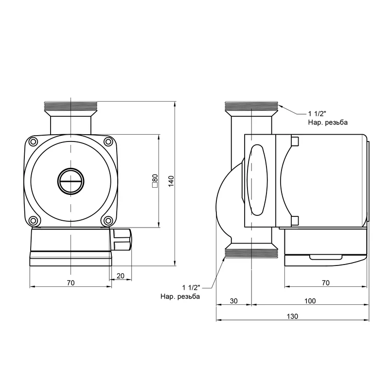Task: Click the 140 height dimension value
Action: pyautogui.click(x=171, y=181)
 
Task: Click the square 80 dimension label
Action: pyautogui.click(x=155, y=180)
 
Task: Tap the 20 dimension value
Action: pyautogui.click(x=120, y=276)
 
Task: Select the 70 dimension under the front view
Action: pyautogui.click(x=71, y=283)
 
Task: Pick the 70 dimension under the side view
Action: pyautogui.click(x=326, y=283)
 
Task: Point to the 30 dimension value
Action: pyautogui.click(x=234, y=301)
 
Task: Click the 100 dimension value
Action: pyautogui.click(x=310, y=301)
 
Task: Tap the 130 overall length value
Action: pyautogui.click(x=293, y=317)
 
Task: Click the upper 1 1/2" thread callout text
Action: pyautogui.click(x=317, y=114)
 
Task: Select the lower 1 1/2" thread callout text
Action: pyautogui.click(x=191, y=287)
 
